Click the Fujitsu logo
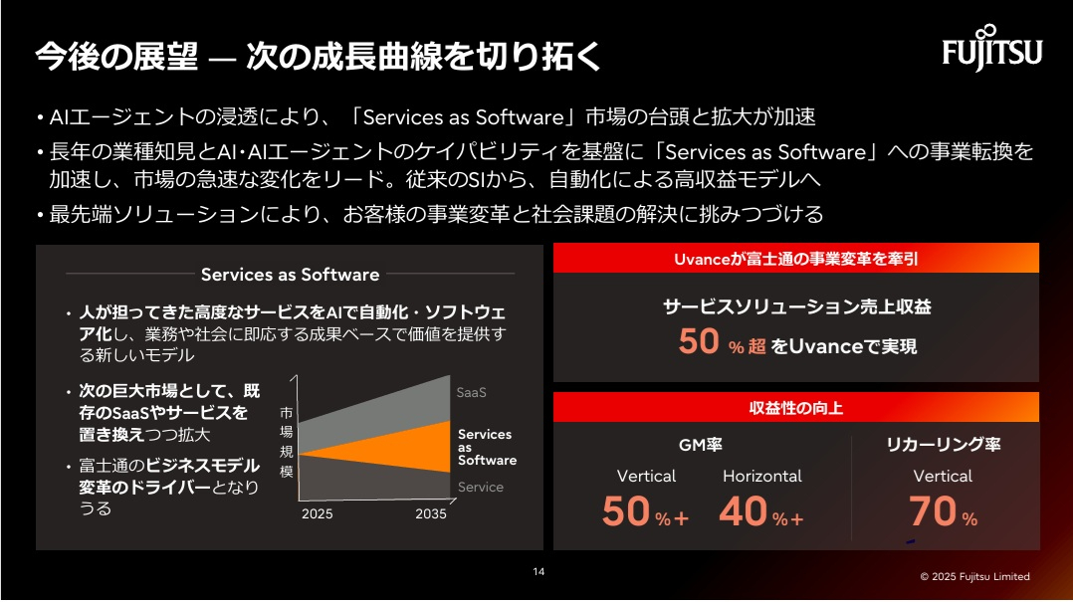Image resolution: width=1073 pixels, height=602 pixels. pos(991,49)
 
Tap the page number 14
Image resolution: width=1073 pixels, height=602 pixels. pos(538,571)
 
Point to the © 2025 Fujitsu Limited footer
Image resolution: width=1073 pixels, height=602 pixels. pos(974,576)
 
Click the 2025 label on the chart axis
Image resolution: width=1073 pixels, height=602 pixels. pos(317,514)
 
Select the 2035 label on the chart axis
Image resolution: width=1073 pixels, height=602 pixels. pos(431,514)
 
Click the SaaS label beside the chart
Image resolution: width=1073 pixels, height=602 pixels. pos(471,392)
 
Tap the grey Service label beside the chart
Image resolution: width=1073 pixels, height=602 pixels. pos(480,487)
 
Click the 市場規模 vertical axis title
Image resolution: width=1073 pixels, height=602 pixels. pos(286,441)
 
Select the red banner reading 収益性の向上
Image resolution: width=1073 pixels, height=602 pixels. pos(795,408)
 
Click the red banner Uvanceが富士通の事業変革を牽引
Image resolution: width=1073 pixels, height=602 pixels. pos(795,259)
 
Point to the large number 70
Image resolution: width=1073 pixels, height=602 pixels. pos(932,511)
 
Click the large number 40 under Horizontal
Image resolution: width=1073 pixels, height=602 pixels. pos(743,511)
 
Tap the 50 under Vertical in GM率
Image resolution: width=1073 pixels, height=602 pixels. pos(626,511)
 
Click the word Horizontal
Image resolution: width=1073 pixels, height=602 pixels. pos(761,476)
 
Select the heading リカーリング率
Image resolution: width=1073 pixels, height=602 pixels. pos(943,445)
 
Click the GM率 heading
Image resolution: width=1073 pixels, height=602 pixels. pos(700,445)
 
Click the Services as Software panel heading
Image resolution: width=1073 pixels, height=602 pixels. pos(290,274)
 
